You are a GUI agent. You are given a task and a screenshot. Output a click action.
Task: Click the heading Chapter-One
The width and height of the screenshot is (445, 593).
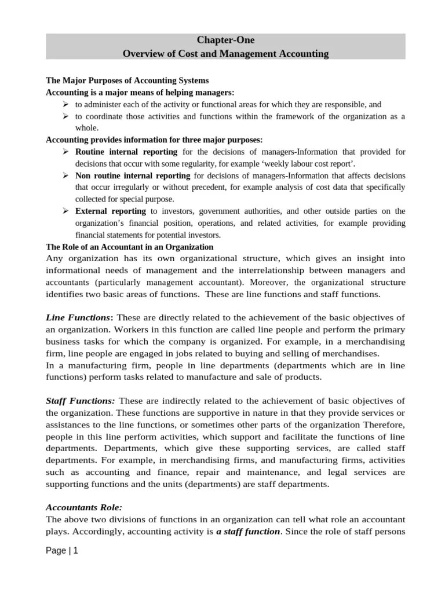(x=225, y=40)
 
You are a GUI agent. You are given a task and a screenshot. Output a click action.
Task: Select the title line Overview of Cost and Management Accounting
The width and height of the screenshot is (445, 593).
(x=225, y=54)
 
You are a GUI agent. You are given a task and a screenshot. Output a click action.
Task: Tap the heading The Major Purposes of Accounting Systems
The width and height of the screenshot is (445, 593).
(x=127, y=80)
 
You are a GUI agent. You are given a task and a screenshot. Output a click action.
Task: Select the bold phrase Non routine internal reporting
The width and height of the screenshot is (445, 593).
(x=133, y=175)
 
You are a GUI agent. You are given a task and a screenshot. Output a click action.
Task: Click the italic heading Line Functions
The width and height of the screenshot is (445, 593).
(x=78, y=317)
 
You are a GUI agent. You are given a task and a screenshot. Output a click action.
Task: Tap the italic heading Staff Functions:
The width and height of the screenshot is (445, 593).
(x=81, y=401)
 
